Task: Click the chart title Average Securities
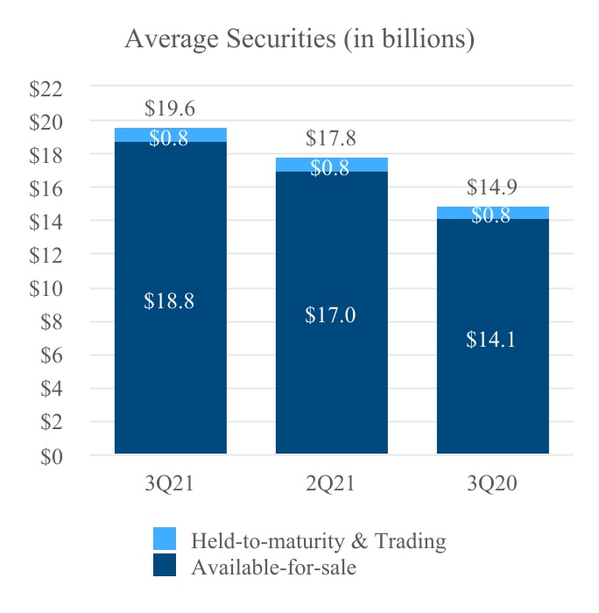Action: [x=299, y=39]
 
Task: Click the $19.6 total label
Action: [x=170, y=109]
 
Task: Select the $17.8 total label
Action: [x=331, y=138]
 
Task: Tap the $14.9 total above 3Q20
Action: [x=492, y=187]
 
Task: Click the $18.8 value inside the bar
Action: [x=170, y=301]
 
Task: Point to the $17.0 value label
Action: [x=330, y=315]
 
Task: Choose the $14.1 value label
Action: [x=491, y=340]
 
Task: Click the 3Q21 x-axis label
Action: [x=170, y=483]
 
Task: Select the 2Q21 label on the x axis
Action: [x=331, y=483]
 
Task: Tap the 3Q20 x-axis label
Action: [x=492, y=483]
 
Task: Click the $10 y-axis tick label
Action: [x=47, y=288]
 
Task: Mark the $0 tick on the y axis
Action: [x=52, y=455]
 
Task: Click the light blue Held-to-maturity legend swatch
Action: [x=164, y=539]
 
